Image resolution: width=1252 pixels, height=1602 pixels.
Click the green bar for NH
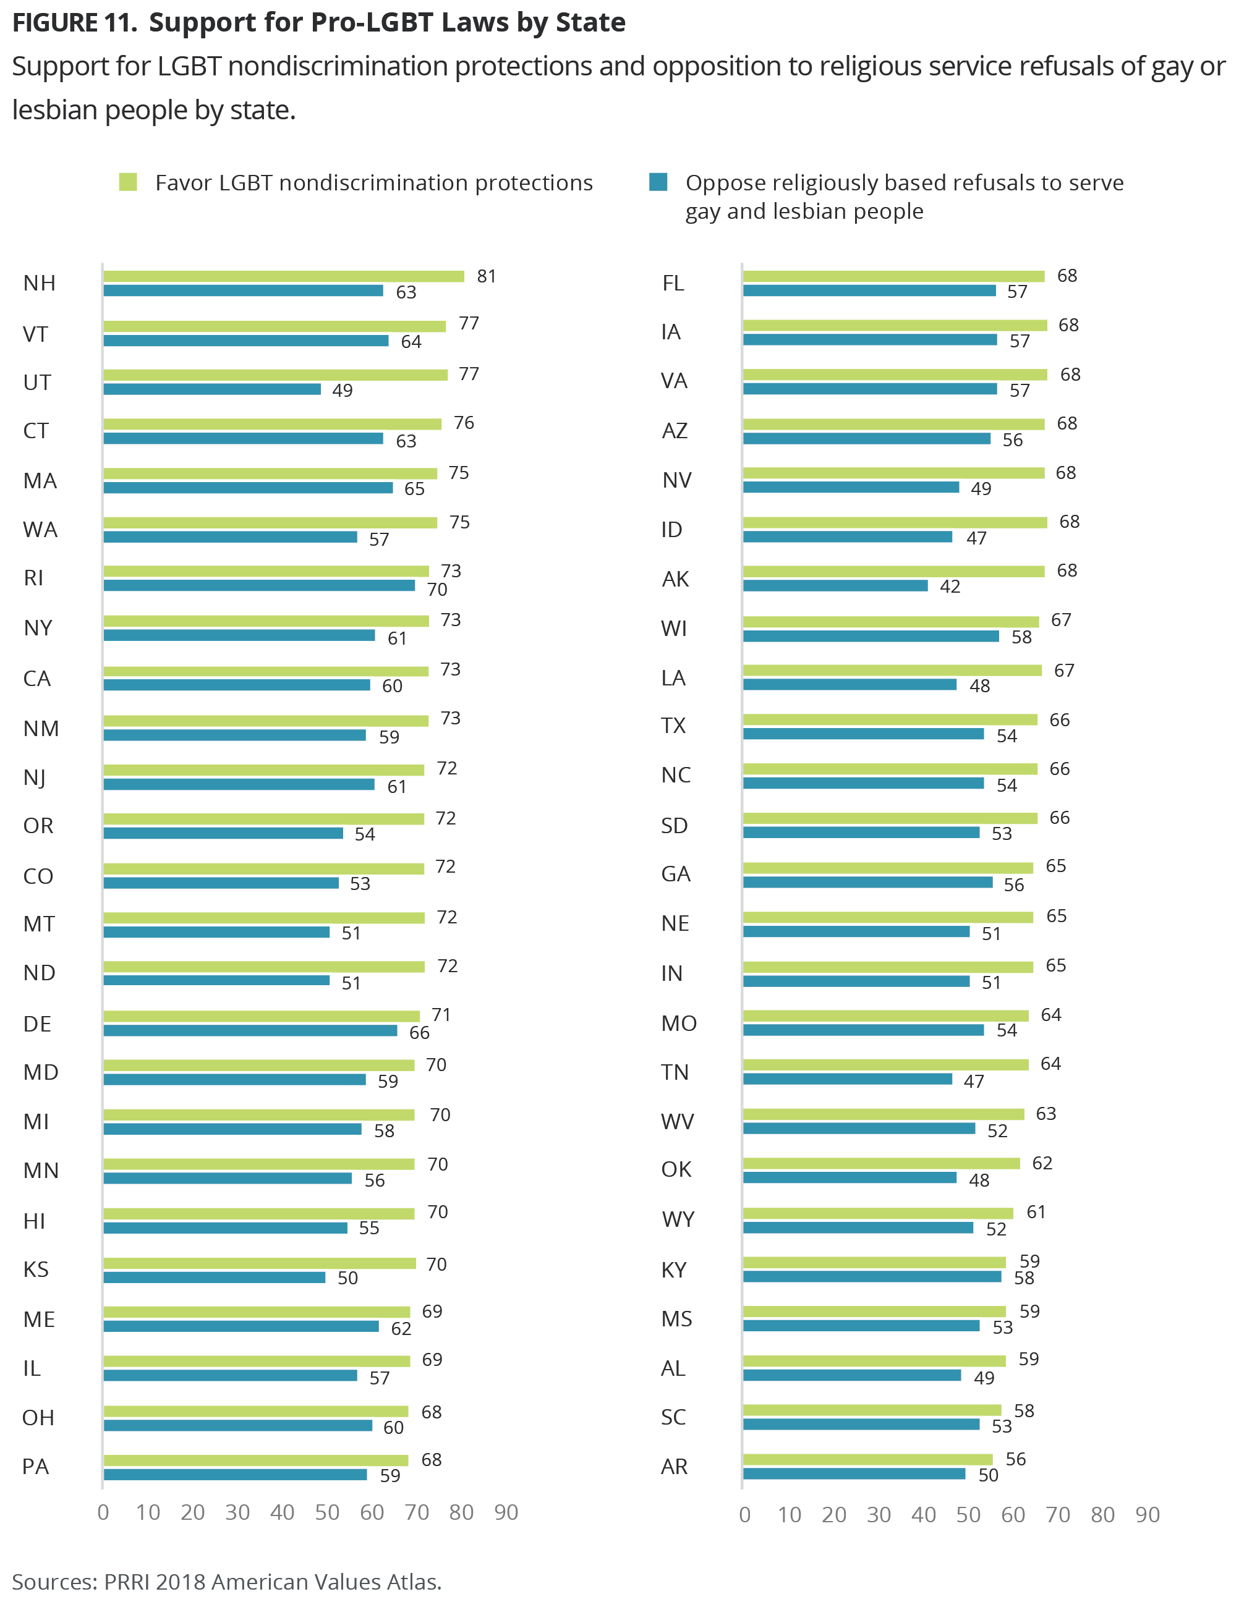(x=283, y=276)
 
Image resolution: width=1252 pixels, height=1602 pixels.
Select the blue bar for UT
(x=212, y=389)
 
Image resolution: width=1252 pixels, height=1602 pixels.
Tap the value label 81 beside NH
(x=487, y=276)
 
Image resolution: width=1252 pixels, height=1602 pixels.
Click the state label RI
(x=34, y=578)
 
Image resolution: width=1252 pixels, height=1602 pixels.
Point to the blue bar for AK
(x=835, y=586)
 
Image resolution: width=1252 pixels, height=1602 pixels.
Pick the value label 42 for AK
(x=950, y=587)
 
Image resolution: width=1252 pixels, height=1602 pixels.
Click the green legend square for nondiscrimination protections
(x=129, y=182)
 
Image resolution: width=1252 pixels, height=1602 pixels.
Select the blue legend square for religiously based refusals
(x=658, y=182)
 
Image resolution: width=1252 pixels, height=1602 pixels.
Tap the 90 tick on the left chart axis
(x=506, y=1512)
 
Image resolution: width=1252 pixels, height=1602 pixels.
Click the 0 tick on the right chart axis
(x=745, y=1515)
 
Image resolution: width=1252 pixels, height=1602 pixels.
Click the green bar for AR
(x=867, y=1460)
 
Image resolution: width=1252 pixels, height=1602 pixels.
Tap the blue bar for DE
(x=250, y=1030)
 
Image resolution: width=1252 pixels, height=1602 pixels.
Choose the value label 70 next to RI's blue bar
(x=437, y=590)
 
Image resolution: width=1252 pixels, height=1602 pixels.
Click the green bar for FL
(x=894, y=276)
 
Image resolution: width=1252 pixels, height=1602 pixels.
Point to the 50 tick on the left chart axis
(x=327, y=1512)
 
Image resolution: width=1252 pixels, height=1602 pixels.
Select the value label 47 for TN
(x=974, y=1081)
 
